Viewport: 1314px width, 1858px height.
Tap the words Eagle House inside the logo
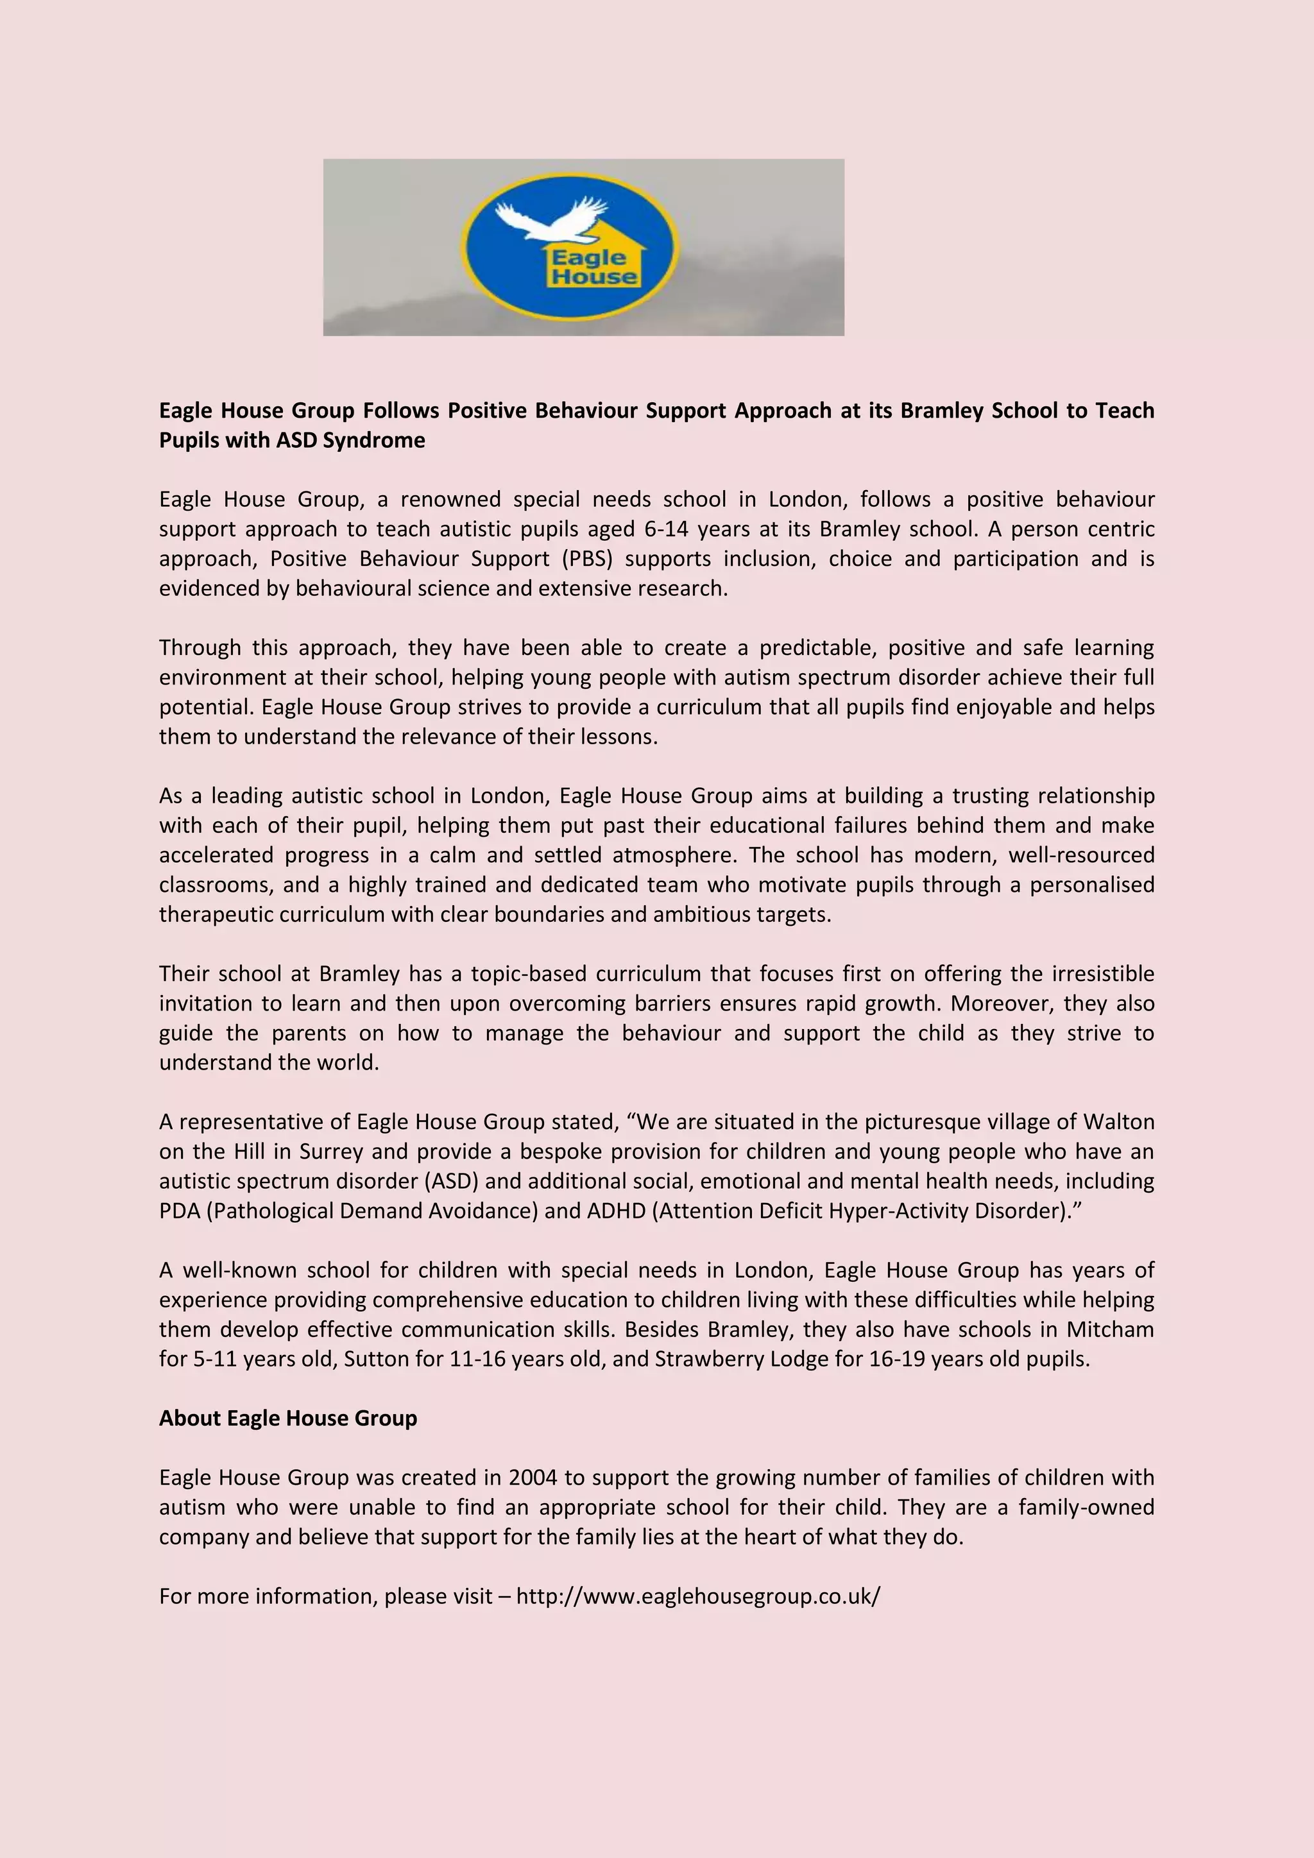click(593, 268)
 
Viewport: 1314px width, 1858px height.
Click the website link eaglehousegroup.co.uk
click(697, 1596)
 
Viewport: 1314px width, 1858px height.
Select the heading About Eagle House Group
click(288, 1418)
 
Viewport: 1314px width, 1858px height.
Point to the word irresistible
click(1103, 973)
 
